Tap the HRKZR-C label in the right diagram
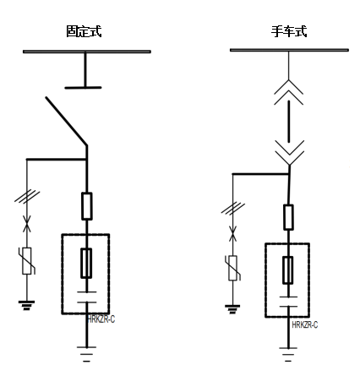pos(305,324)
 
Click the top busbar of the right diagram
pos(289,52)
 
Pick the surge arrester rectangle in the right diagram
pos(232,268)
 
